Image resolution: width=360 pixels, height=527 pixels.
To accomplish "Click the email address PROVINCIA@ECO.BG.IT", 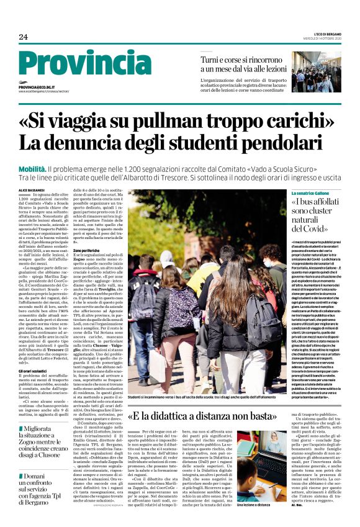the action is click(x=37, y=88).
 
